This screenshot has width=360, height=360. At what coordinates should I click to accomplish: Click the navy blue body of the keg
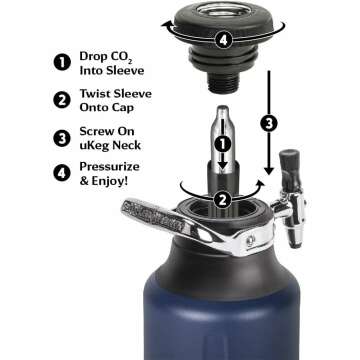220,320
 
